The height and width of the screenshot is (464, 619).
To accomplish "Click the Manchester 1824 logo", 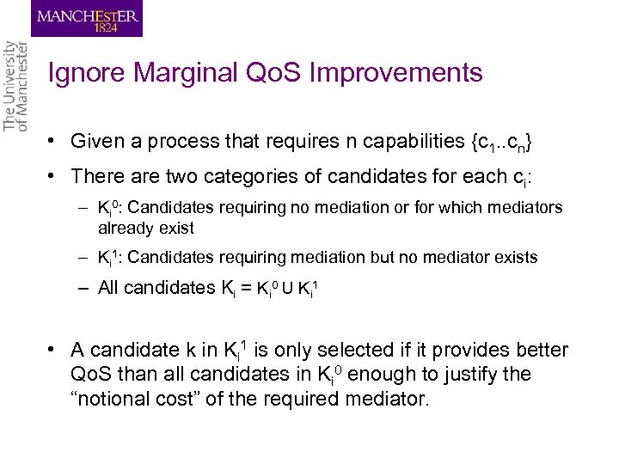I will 87,18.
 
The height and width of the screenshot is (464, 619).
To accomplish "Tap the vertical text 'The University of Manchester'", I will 16,86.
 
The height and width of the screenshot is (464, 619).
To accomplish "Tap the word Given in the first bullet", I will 96,140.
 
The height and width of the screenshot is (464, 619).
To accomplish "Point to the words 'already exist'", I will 146,228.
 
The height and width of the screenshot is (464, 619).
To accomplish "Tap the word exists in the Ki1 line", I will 514,257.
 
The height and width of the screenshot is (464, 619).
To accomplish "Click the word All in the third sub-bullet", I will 110,288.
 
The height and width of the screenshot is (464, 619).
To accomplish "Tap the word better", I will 539,350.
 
